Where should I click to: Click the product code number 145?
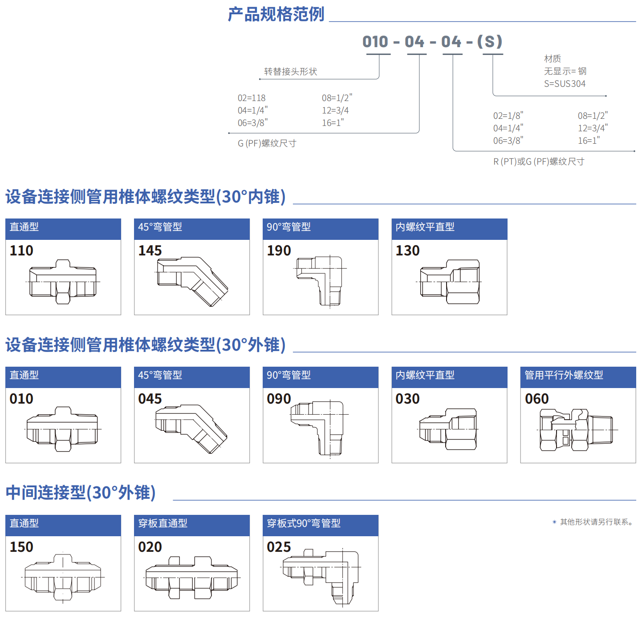[x=150, y=251]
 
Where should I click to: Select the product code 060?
[x=536, y=399]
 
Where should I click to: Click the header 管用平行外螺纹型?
[x=564, y=375]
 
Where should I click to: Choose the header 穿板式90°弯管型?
[x=304, y=523]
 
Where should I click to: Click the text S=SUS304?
[x=565, y=84]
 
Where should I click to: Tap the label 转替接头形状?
[x=290, y=72]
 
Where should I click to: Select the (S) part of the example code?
[x=490, y=42]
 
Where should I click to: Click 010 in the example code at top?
[x=375, y=42]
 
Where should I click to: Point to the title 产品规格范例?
[x=276, y=14]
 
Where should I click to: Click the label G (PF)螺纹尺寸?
[x=267, y=143]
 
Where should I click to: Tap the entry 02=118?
[x=252, y=98]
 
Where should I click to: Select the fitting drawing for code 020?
[x=192, y=577]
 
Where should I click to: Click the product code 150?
[x=21, y=547]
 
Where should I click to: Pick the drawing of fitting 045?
[x=192, y=428]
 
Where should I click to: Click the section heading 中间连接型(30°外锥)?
[x=81, y=493]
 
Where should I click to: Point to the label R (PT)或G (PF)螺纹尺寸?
[x=539, y=162]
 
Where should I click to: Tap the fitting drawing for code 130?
[x=450, y=282]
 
